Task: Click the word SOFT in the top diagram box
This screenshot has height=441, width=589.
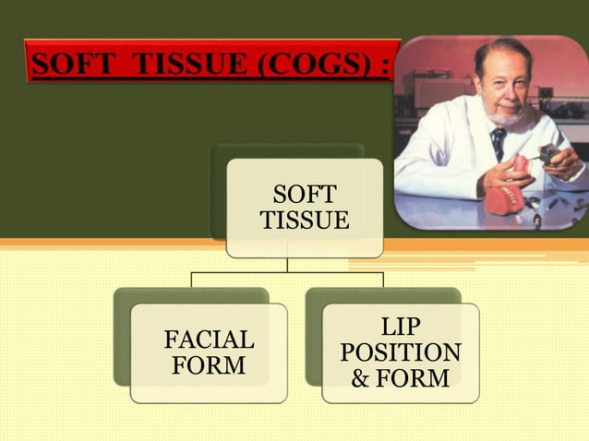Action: (305, 196)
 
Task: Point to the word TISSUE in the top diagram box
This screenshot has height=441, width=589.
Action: (305, 221)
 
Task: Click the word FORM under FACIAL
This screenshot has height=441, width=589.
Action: (209, 366)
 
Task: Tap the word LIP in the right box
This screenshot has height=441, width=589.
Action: (401, 328)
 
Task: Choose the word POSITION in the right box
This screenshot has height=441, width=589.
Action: (401, 353)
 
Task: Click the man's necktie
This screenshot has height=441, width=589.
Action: (499, 142)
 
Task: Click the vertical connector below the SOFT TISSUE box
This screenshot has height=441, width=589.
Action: (287, 264)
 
